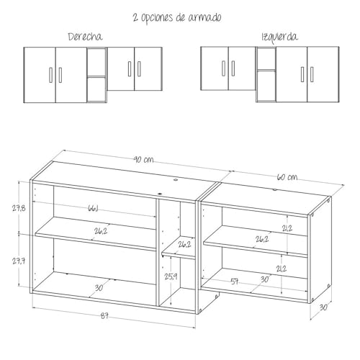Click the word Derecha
click(85, 37)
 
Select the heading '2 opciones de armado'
click(177, 17)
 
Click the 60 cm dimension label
click(287, 177)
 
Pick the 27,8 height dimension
click(19, 208)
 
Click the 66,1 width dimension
click(94, 209)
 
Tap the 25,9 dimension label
click(171, 276)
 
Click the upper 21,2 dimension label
click(288, 229)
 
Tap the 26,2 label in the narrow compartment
click(184, 244)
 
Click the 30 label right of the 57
click(264, 279)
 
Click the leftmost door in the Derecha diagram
click(40, 73)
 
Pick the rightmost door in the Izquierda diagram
click(323, 73)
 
